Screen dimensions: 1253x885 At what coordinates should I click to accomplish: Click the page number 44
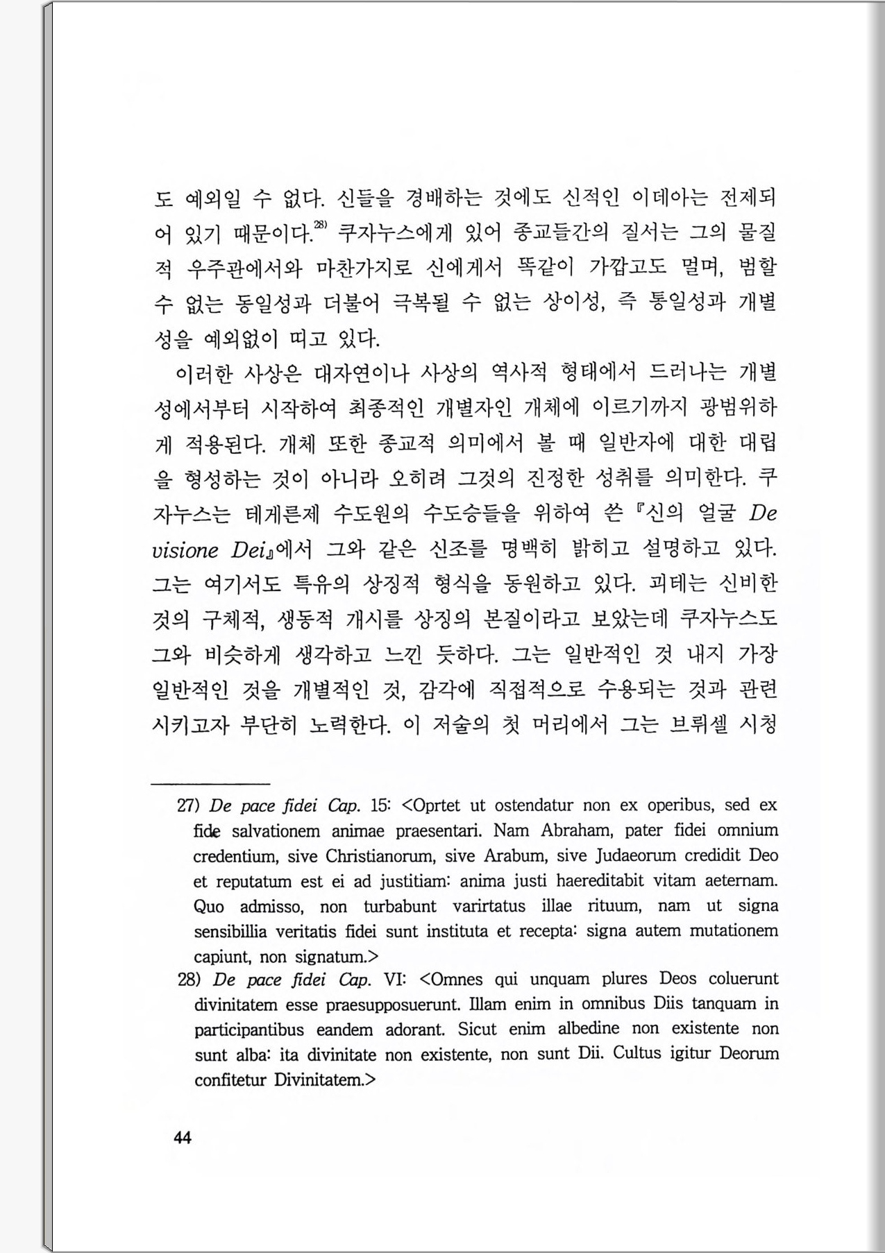[183, 1138]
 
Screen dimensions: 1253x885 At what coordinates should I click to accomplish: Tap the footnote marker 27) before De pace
[189, 805]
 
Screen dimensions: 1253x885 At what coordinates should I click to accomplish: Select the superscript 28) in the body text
[320, 224]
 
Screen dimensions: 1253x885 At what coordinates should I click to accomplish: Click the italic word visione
[185, 550]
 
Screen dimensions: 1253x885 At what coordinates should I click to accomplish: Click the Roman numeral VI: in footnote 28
[395, 980]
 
